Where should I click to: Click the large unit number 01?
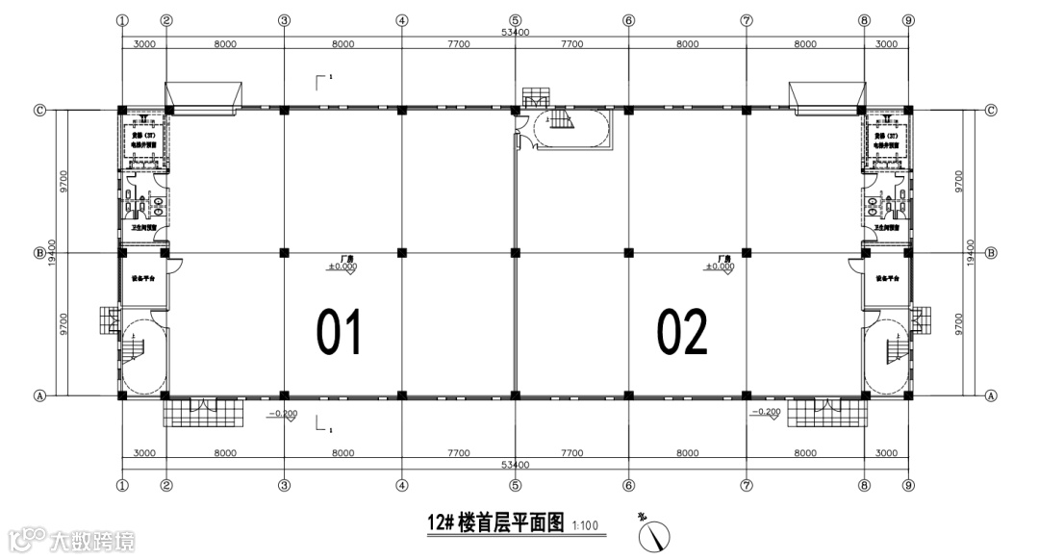click(x=339, y=331)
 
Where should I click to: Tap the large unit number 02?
click(x=682, y=331)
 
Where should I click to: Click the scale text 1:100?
click(x=585, y=525)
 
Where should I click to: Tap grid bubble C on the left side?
click(x=40, y=110)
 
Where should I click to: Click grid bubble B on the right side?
click(x=991, y=253)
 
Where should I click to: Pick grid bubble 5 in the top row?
click(x=515, y=20)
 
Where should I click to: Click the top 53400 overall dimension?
click(x=515, y=33)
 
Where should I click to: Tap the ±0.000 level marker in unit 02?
click(x=724, y=266)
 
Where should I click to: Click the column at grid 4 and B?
click(x=401, y=253)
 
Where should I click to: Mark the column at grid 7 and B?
click(x=746, y=253)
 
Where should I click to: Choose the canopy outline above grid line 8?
click(x=824, y=93)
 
